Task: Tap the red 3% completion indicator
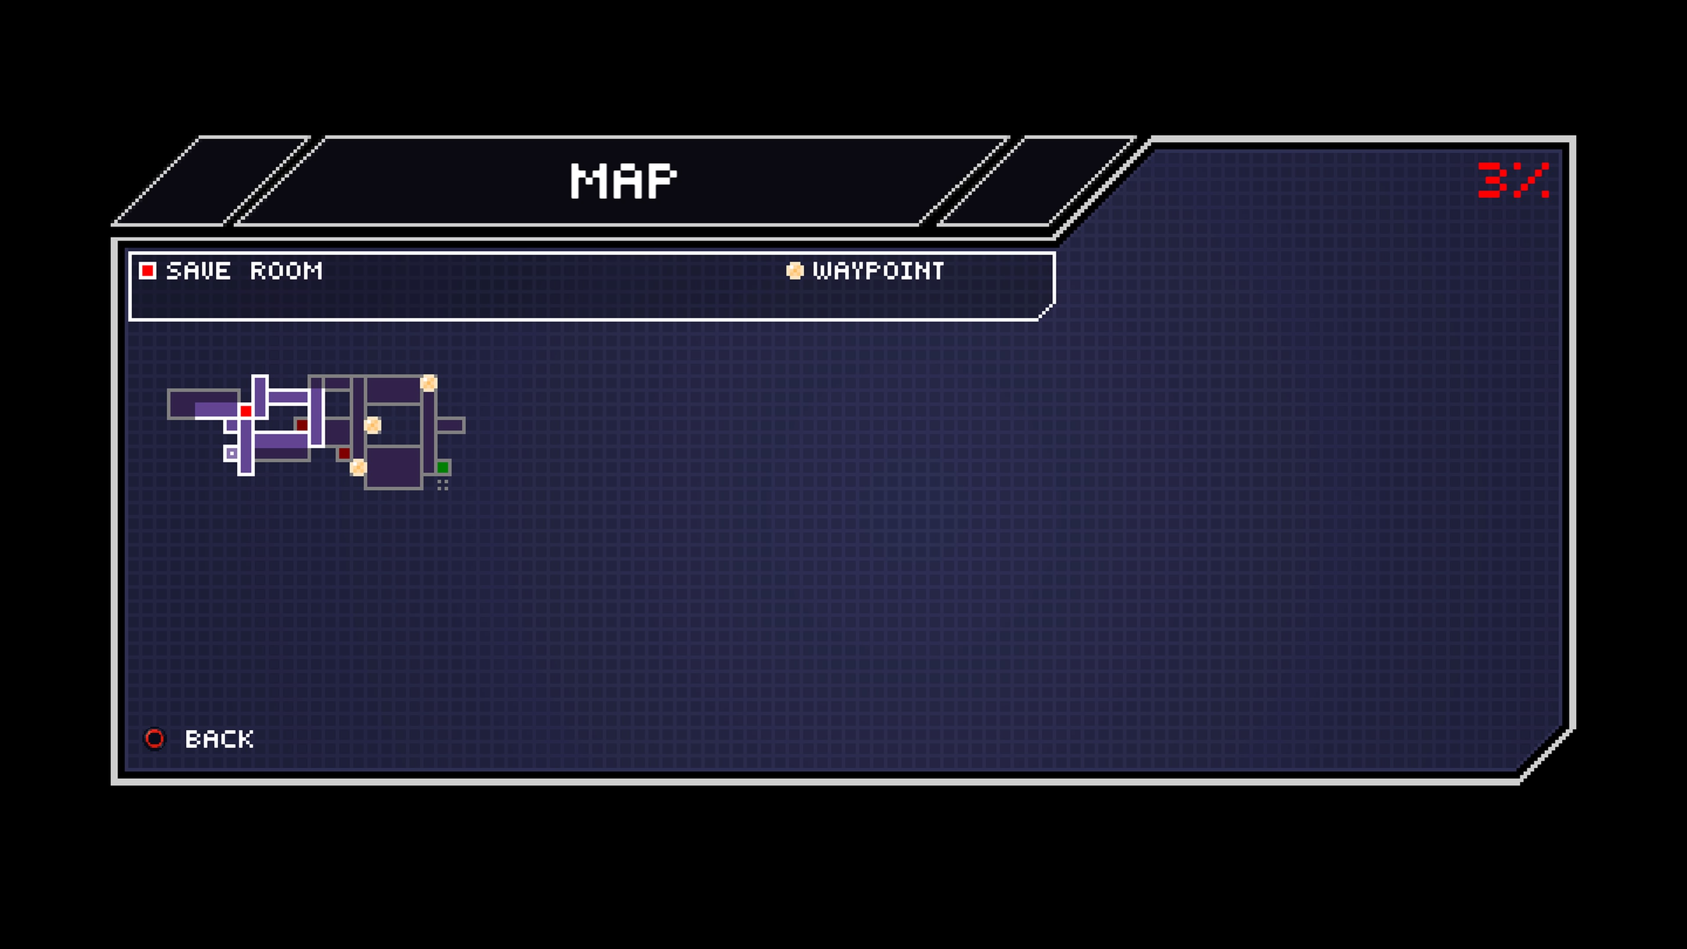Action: coord(1513,180)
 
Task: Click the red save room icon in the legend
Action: coord(148,271)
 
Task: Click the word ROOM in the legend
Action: coord(286,271)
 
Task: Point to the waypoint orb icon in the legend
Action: coord(794,271)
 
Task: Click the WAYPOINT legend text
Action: coord(878,271)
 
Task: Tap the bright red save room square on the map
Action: coord(246,411)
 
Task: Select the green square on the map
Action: coord(443,467)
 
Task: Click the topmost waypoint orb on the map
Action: coord(429,383)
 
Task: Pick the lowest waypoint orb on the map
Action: coord(358,467)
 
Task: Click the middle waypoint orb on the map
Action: coord(373,425)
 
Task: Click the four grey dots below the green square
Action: coord(443,485)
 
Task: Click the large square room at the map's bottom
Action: coord(393,467)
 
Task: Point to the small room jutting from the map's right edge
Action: coord(451,425)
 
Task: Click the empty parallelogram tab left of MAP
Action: coord(211,181)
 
